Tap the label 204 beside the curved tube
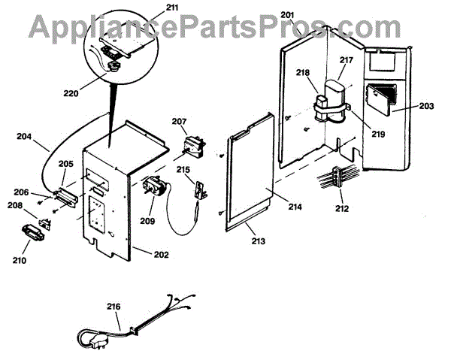(25, 137)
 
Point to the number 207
(179, 121)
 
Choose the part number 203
(426, 106)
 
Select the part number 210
(19, 261)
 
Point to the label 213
(258, 241)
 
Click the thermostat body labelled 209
(152, 186)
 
